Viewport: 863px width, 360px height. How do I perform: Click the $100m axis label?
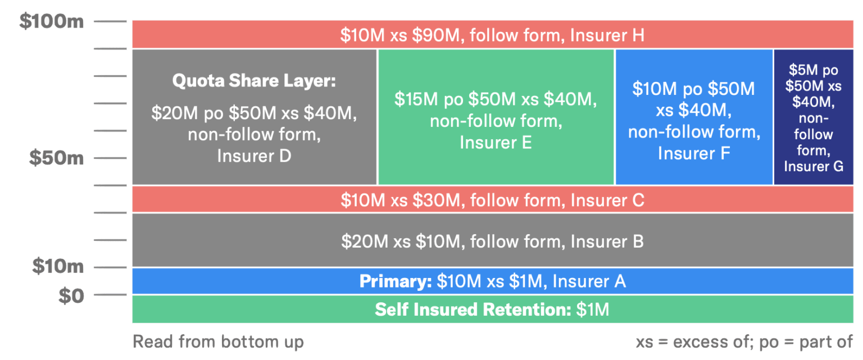[51, 22]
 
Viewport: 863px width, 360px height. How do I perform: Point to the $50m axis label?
[57, 158]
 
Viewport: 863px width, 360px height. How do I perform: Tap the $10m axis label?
[57, 266]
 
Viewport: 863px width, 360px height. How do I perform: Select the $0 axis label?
[71, 295]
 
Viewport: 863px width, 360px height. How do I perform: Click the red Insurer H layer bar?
[492, 35]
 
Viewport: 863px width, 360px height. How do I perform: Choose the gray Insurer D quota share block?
[254, 117]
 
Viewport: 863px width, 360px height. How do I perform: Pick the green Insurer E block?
[496, 117]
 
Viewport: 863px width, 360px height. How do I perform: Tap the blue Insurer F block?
[694, 117]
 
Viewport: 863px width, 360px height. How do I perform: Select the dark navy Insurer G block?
[813, 117]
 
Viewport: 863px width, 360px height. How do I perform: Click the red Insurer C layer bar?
[492, 199]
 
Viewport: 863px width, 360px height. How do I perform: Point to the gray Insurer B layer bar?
[492, 241]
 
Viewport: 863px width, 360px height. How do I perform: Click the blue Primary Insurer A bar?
[492, 281]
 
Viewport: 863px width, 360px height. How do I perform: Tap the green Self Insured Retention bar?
[492, 309]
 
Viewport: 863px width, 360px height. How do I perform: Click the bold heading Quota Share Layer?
[253, 81]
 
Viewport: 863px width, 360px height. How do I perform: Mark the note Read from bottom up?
[218, 342]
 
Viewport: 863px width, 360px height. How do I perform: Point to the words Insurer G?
[813, 166]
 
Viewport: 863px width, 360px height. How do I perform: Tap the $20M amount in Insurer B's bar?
[360, 241]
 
